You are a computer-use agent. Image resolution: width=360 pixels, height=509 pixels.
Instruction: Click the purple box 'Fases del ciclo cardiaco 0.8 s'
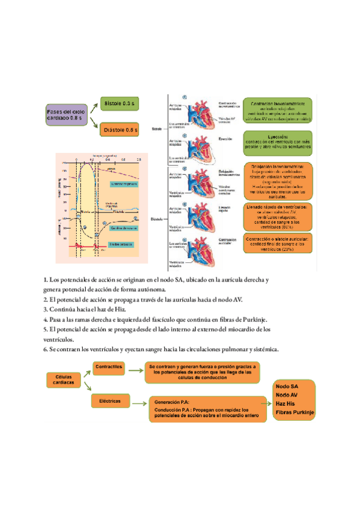68,116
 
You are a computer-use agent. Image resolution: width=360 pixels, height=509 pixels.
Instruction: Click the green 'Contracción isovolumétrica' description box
278,111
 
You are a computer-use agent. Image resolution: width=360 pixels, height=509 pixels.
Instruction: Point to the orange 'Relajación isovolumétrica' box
278,180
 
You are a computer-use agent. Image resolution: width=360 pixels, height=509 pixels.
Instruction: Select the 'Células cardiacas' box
64,381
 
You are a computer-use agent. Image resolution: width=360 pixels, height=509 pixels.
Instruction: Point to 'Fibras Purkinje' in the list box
294,414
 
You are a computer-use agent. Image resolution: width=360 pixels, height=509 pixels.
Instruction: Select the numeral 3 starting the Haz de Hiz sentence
45,310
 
